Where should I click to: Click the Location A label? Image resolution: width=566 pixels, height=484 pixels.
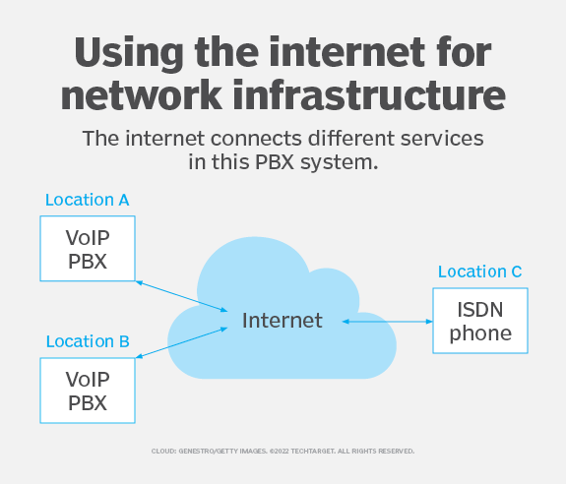(x=87, y=200)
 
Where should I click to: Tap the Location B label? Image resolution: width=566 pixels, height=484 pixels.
(x=87, y=341)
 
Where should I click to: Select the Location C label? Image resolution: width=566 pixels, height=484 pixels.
(x=479, y=272)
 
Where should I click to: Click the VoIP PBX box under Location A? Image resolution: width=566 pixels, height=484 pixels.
(x=87, y=246)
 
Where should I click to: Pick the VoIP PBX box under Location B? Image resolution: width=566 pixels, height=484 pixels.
(x=87, y=390)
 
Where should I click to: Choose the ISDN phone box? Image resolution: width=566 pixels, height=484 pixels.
(x=480, y=322)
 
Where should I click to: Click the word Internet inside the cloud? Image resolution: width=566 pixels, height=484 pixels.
(x=283, y=320)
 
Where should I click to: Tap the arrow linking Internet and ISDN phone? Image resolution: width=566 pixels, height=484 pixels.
(x=387, y=321)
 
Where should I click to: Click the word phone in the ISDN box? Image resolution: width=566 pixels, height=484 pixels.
(x=480, y=333)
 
